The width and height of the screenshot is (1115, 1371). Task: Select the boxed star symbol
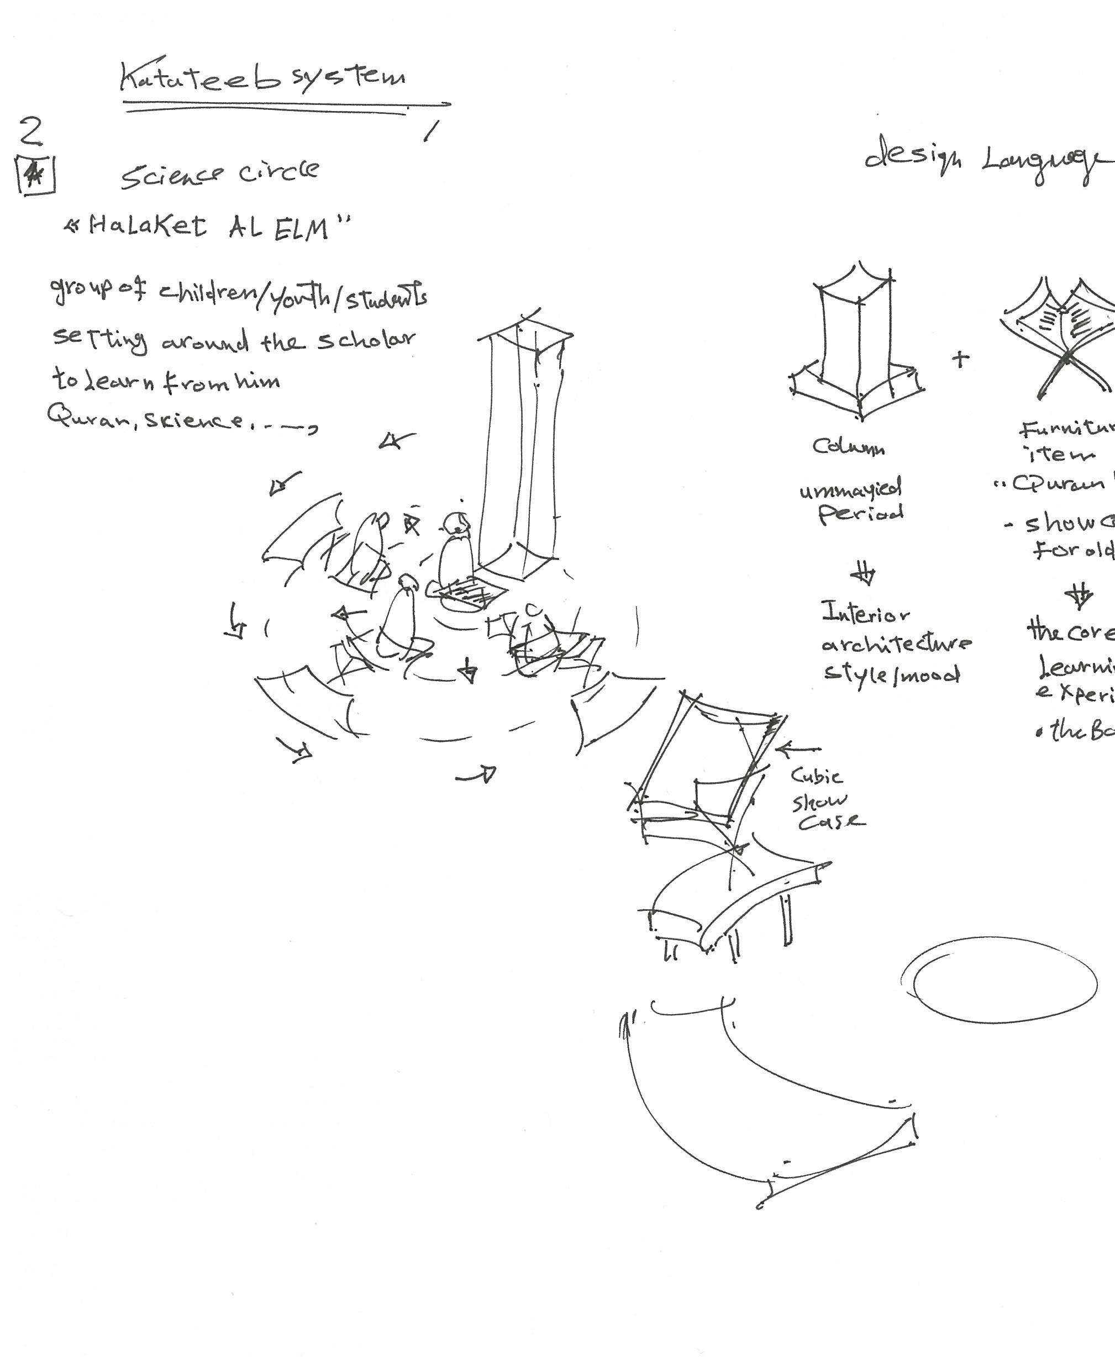pos(35,175)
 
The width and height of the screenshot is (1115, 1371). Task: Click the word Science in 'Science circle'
pos(172,175)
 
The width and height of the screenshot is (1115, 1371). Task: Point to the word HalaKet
pos(148,226)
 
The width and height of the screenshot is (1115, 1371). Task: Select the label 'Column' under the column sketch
pos(848,446)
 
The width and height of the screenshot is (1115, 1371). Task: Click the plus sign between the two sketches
pos(960,359)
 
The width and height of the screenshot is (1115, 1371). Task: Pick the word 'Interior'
pos(865,613)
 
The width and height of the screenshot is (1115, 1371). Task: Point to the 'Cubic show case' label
pos(825,799)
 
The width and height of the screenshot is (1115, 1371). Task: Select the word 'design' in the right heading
pos(912,157)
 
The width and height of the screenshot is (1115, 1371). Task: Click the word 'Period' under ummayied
pos(861,514)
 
